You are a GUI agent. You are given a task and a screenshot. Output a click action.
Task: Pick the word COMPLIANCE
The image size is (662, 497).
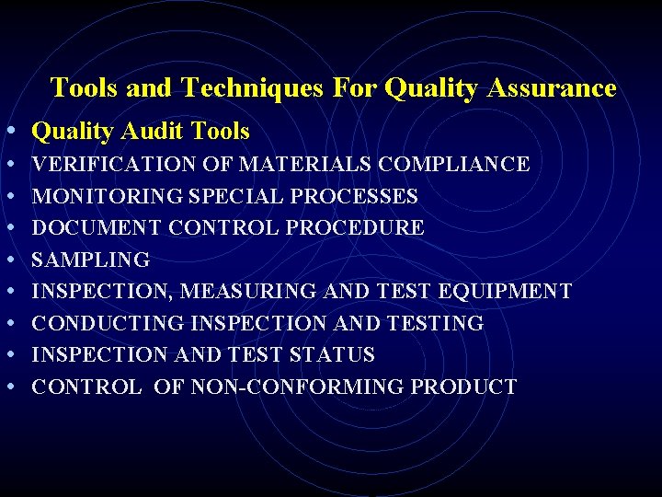(454, 165)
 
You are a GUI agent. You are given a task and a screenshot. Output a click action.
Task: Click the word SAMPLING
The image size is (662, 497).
(90, 260)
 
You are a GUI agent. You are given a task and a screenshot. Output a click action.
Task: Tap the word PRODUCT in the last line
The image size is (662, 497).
(463, 387)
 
